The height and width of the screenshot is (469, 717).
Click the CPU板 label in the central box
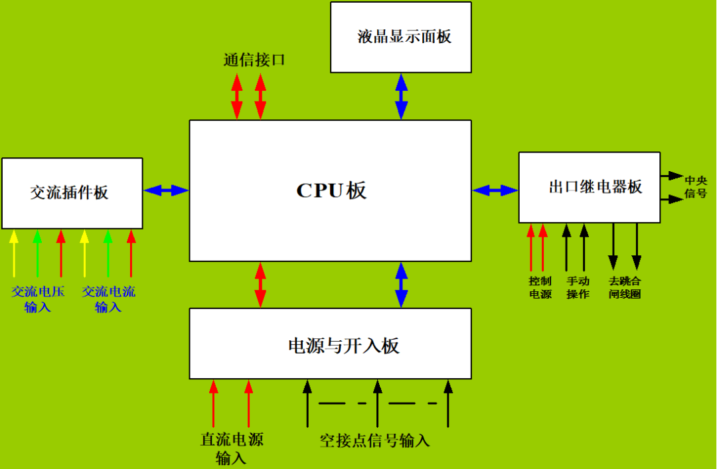(x=331, y=191)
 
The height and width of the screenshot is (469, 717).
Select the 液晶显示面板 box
(x=401, y=37)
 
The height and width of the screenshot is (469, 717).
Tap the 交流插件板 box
(x=72, y=193)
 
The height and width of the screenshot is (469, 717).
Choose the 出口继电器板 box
(x=590, y=187)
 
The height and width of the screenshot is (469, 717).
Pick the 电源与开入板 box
(x=331, y=344)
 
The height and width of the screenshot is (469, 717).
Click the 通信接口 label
(x=254, y=60)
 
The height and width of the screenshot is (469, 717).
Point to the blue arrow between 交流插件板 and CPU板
(x=166, y=190)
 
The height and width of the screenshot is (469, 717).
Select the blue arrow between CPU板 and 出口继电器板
(x=495, y=190)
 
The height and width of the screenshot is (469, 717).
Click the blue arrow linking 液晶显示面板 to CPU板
(x=401, y=96)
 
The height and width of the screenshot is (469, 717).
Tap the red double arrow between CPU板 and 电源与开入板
(x=260, y=285)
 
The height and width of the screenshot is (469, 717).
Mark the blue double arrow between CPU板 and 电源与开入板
(x=401, y=285)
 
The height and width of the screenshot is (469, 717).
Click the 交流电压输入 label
(x=37, y=299)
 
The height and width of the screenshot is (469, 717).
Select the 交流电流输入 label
(x=108, y=299)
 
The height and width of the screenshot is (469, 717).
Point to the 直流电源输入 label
(x=232, y=448)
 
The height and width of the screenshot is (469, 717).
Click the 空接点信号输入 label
(x=375, y=441)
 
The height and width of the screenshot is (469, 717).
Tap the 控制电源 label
(x=540, y=287)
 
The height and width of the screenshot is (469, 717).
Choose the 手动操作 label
(x=578, y=287)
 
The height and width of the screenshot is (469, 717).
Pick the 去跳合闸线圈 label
(x=625, y=287)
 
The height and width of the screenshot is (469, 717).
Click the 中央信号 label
(x=696, y=186)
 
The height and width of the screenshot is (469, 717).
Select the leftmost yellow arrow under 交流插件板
(x=13, y=253)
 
